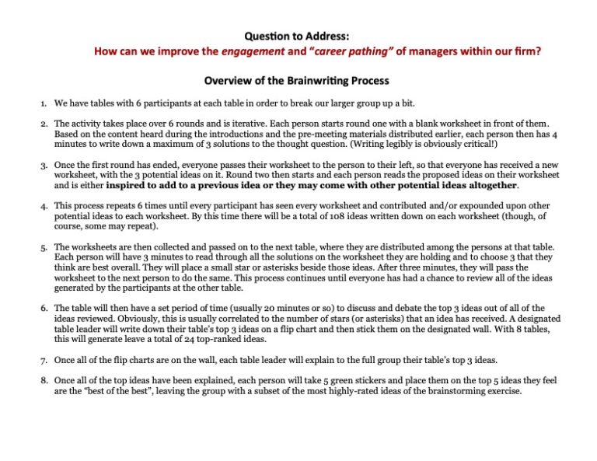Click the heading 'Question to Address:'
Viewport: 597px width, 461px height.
[297, 36]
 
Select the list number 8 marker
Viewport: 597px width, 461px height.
[44, 381]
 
